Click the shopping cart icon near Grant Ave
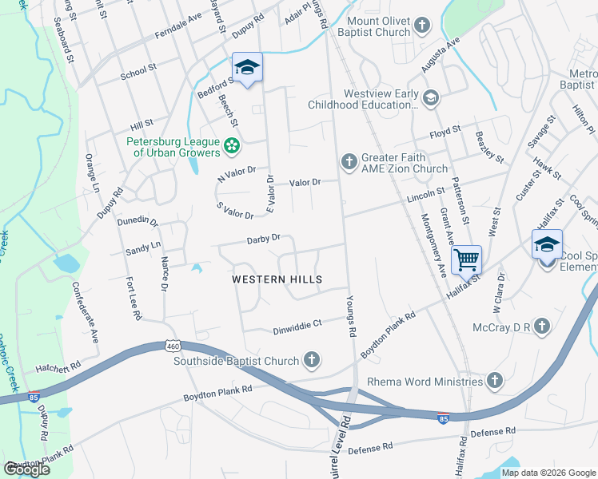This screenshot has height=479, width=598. pos(466,259)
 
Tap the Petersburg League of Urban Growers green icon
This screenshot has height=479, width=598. pos(232,146)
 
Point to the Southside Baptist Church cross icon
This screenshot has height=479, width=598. pos(312,361)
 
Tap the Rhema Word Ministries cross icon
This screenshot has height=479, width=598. pos(496,381)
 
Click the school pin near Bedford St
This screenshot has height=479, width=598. pos(248,68)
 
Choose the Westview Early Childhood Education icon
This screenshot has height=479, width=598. pos(431,98)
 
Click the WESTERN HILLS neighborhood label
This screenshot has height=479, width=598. pos(277,279)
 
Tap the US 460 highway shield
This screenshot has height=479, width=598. pos(173,346)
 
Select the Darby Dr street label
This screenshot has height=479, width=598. pos(263,238)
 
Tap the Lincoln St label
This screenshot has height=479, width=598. pos(425,193)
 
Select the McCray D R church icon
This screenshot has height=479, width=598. pos(542,326)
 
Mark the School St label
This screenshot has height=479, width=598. pos(138,73)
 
